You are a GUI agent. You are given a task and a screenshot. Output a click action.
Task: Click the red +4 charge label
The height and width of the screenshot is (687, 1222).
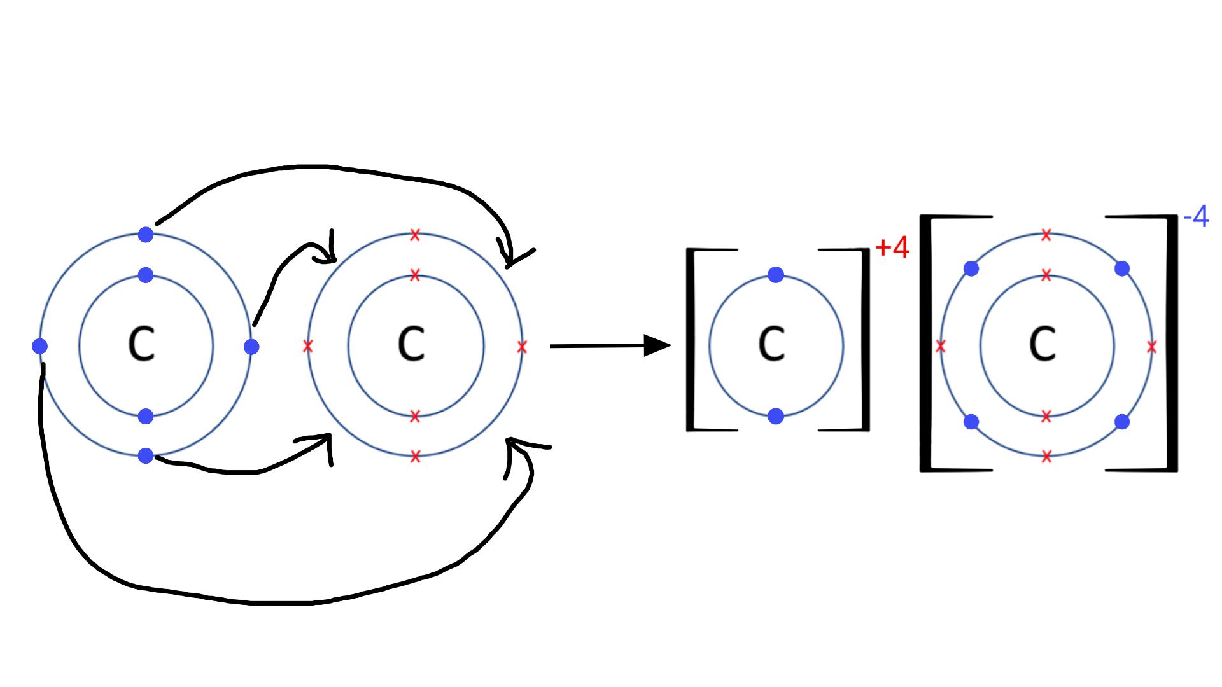click(x=892, y=248)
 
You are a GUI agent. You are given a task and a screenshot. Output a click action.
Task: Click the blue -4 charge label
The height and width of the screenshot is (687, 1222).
click(x=1196, y=218)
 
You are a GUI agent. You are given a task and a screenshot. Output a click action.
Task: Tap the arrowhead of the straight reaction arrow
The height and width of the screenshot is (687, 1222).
click(x=658, y=345)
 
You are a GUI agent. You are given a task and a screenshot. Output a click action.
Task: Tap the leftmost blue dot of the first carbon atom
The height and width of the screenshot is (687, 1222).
click(x=39, y=346)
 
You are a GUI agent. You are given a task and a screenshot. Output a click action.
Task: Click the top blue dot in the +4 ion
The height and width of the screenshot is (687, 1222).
click(x=776, y=275)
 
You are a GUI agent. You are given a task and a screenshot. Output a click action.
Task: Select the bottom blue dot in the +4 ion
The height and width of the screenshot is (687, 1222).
click(x=776, y=416)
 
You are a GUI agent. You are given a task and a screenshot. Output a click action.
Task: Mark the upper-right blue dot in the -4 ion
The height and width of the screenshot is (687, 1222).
click(x=1122, y=268)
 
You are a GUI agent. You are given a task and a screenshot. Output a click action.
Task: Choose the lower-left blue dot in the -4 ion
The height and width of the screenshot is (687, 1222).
click(x=971, y=422)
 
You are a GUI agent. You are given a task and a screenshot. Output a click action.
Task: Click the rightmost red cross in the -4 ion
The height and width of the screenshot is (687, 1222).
click(x=1151, y=347)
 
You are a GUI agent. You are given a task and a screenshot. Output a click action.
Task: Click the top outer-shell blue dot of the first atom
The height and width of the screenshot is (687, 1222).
click(x=146, y=235)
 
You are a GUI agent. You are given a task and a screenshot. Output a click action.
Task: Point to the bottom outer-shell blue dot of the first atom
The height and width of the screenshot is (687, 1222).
click(x=146, y=455)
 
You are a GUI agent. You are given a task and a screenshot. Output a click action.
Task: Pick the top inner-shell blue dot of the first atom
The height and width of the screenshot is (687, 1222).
click(x=146, y=275)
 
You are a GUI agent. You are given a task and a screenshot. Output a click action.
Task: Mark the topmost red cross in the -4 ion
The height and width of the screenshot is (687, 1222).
click(x=1046, y=235)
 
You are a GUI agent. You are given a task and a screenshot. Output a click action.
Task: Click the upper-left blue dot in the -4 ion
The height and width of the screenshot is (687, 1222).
click(x=971, y=268)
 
